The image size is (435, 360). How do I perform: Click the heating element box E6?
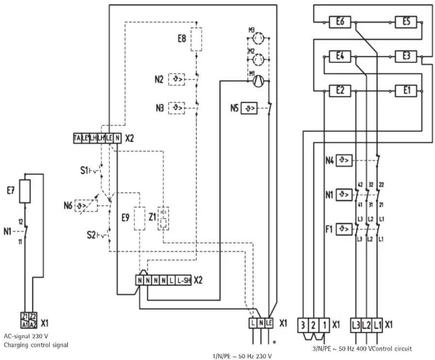coord(340,22)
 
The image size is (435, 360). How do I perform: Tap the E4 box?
coord(340,56)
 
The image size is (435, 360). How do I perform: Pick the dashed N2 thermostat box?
coord(177,79)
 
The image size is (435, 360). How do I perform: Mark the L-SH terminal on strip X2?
coord(183,281)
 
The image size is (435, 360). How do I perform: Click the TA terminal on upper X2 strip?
coord(77,138)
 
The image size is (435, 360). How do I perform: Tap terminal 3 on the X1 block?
coord(303,325)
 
